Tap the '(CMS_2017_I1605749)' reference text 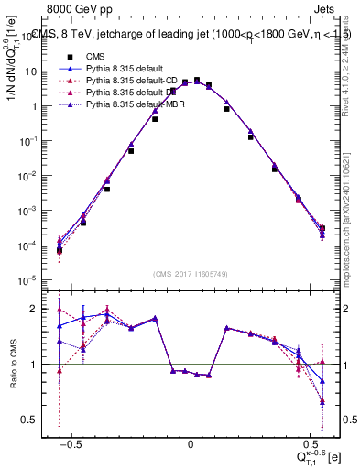tap(190, 274)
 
